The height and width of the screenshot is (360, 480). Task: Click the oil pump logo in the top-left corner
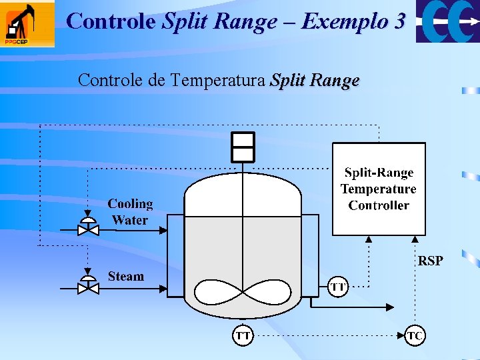[27, 24]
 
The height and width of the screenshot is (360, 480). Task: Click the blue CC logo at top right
[447, 21]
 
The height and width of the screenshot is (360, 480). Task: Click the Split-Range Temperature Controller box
[379, 189]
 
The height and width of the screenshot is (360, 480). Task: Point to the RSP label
[430, 261]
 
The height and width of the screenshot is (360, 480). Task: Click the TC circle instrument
[415, 335]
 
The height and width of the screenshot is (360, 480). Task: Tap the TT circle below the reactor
[243, 335]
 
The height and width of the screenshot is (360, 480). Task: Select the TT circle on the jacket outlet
[338, 287]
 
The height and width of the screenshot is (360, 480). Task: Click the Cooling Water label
[130, 211]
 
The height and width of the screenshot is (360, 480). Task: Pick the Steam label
[125, 276]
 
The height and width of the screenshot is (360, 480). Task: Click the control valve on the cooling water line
[88, 228]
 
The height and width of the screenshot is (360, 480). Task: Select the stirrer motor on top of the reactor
[243, 147]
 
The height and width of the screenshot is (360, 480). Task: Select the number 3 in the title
[399, 21]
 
